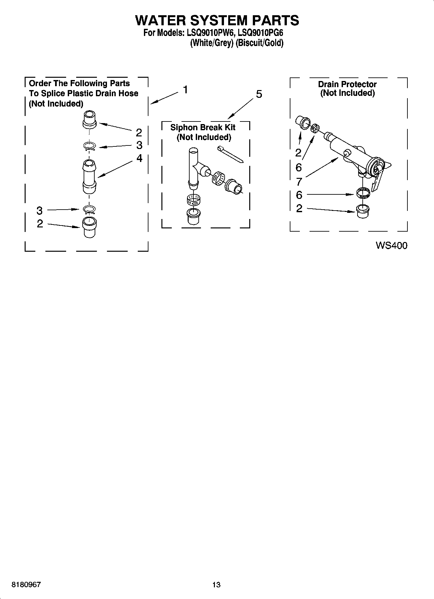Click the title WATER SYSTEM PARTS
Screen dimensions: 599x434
217,20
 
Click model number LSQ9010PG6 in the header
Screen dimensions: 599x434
261,33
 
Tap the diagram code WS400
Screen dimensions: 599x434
391,246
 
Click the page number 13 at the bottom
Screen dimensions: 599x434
216,584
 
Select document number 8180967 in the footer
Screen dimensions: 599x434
26,584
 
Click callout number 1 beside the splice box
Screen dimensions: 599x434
185,89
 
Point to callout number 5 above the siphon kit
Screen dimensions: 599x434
259,94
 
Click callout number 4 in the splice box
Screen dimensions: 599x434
139,158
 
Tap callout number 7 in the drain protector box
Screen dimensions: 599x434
299,181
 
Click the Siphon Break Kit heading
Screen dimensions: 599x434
203,127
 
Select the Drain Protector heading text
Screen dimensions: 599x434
347,84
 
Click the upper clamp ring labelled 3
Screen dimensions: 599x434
89,147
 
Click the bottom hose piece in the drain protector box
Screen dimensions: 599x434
362,211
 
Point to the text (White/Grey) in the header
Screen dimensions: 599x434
212,43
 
